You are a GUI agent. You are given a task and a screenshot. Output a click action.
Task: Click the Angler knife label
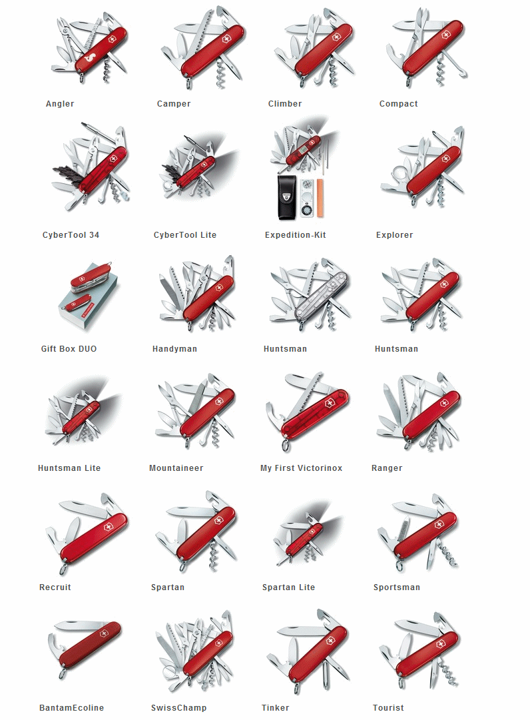tap(60, 104)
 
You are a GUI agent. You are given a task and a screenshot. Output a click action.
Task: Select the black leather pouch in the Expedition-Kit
tap(286, 197)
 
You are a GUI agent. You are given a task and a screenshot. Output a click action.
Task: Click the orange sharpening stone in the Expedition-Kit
tap(320, 197)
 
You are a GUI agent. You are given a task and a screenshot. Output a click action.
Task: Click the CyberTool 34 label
tap(71, 235)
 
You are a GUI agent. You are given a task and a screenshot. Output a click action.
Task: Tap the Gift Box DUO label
tap(69, 349)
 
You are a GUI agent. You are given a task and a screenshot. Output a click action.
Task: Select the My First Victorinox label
tap(301, 468)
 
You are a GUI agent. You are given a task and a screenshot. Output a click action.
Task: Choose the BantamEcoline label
tap(72, 708)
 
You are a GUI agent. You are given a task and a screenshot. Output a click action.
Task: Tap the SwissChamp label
tap(179, 708)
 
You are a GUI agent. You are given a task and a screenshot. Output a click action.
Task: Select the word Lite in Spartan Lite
tap(307, 587)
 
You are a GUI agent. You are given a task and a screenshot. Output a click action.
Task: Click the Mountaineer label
tap(176, 468)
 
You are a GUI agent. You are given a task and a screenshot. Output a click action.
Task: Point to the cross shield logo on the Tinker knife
tap(330, 641)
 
